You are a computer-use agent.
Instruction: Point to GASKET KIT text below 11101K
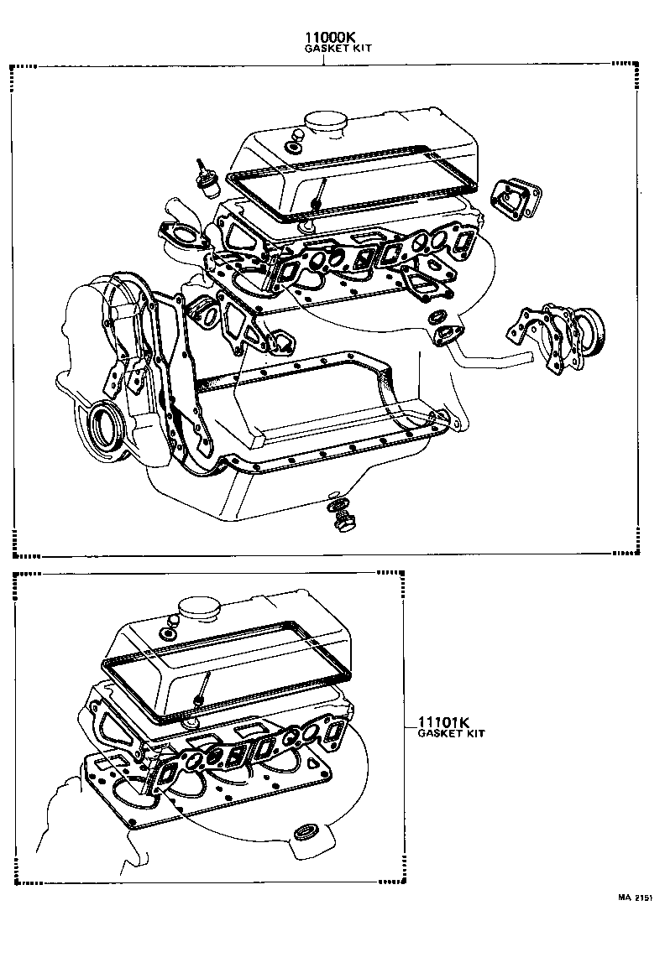pyautogui.click(x=451, y=733)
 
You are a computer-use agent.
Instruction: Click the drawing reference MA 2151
pyautogui.click(x=636, y=898)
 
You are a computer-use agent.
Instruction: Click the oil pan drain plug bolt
pyautogui.click(x=343, y=523)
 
